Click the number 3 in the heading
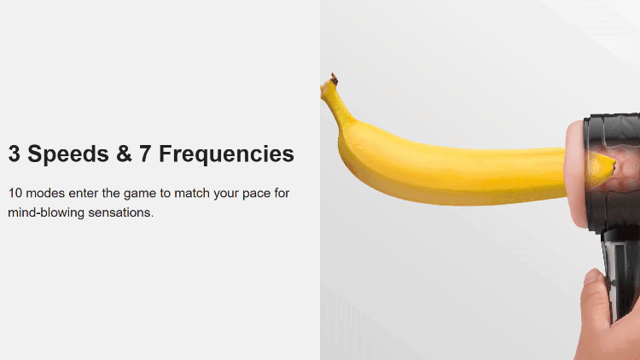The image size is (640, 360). (15, 154)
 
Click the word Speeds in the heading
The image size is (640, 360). (68, 154)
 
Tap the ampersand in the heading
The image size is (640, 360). (124, 154)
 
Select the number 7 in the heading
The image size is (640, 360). (145, 154)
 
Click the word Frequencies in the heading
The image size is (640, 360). (226, 154)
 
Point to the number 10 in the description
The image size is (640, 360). (15, 193)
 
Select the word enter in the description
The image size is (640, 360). (84, 193)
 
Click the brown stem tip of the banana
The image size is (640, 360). (335, 78)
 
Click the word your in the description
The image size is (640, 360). (226, 194)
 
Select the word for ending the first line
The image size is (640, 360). (282, 193)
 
